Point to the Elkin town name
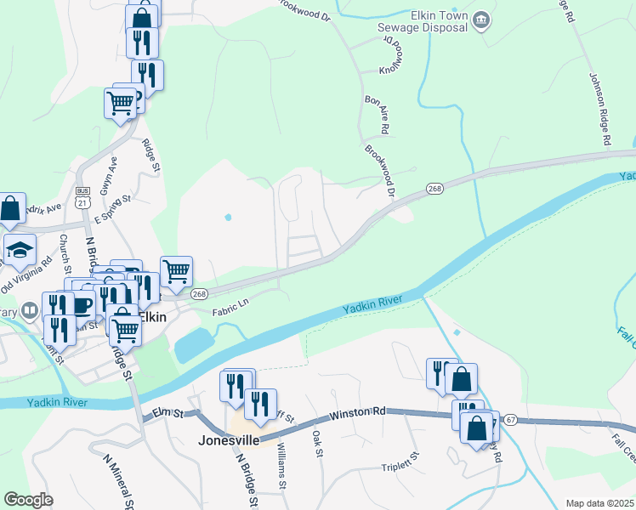(x=153, y=315)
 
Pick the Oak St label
(x=317, y=443)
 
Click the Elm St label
(x=168, y=414)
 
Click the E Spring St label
(x=113, y=209)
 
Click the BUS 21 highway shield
(x=82, y=197)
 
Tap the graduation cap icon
(x=20, y=250)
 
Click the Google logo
(x=28, y=500)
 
